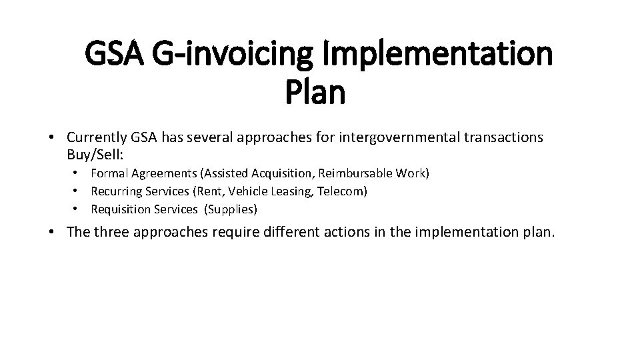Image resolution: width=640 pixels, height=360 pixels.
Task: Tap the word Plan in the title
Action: click(x=315, y=93)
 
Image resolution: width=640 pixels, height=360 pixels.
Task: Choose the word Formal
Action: click(x=109, y=173)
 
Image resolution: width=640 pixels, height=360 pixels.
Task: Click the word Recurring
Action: click(x=115, y=191)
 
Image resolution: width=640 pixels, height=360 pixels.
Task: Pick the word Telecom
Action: click(x=343, y=191)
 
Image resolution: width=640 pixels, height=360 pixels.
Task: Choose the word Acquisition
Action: click(x=280, y=173)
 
